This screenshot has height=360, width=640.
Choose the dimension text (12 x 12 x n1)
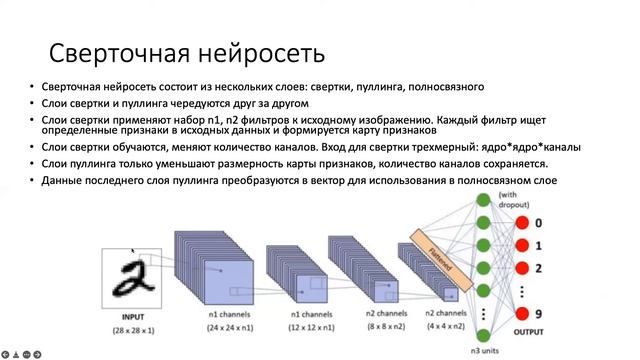pyautogui.click(x=310, y=327)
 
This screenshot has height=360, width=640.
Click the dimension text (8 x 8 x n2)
pyautogui.click(x=377, y=327)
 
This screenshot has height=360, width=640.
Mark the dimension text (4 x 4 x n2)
pyautogui.click(x=443, y=327)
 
